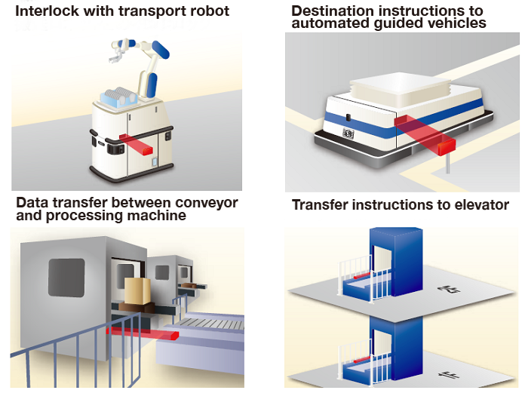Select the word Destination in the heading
[x=332, y=11]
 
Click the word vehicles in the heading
[x=459, y=23]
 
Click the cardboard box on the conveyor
[x=135, y=291]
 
